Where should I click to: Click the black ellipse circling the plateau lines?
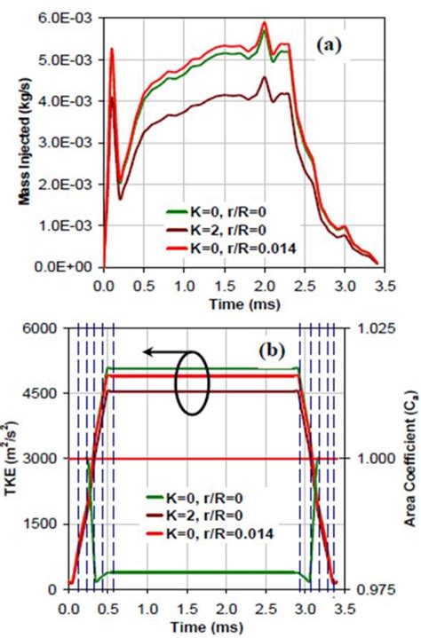[191, 383]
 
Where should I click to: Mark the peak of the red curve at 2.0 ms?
[264, 23]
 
